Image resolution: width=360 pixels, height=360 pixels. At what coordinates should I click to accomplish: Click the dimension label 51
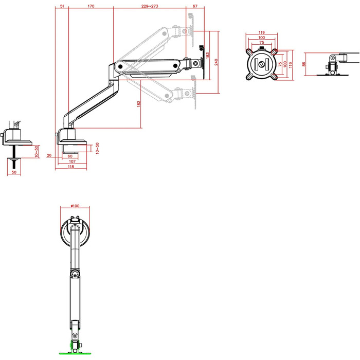(x=62, y=6)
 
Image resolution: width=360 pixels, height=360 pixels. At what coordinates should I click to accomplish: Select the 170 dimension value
(x=91, y=6)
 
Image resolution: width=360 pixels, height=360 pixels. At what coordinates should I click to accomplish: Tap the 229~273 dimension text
(x=150, y=6)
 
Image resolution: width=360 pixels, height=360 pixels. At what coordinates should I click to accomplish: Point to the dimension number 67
(x=195, y=6)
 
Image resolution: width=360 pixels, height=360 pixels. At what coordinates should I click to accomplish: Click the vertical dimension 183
(x=208, y=56)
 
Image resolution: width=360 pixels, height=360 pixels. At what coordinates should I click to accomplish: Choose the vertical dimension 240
(x=216, y=62)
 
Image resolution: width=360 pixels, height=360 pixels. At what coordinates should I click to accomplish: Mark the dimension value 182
(x=138, y=104)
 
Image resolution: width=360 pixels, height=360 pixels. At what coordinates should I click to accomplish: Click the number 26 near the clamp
(x=49, y=155)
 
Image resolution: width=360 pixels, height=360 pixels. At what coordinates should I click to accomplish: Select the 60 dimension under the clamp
(x=70, y=156)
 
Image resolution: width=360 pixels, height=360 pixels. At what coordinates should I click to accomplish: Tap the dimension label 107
(x=72, y=161)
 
